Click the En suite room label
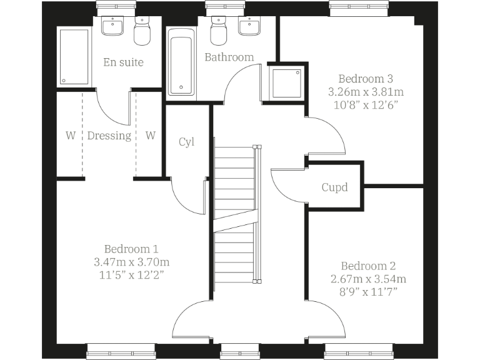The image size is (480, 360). pos(123,62)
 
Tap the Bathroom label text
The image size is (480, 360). pos(229,57)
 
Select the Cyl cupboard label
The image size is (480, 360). pos(186,142)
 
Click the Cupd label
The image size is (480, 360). pos(334,187)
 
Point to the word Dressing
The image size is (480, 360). pos(109,136)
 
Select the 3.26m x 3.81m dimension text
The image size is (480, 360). pos(365,91)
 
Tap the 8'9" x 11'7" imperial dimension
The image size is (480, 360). pos(369,291)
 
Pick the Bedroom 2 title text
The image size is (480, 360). pos(369,266)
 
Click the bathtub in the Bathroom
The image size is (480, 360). pos(182,65)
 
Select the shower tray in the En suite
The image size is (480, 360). pos(73,56)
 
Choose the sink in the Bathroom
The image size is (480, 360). pos(249,27)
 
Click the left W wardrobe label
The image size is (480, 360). pos(70,136)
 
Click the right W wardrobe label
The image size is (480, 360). pos(150,136)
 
